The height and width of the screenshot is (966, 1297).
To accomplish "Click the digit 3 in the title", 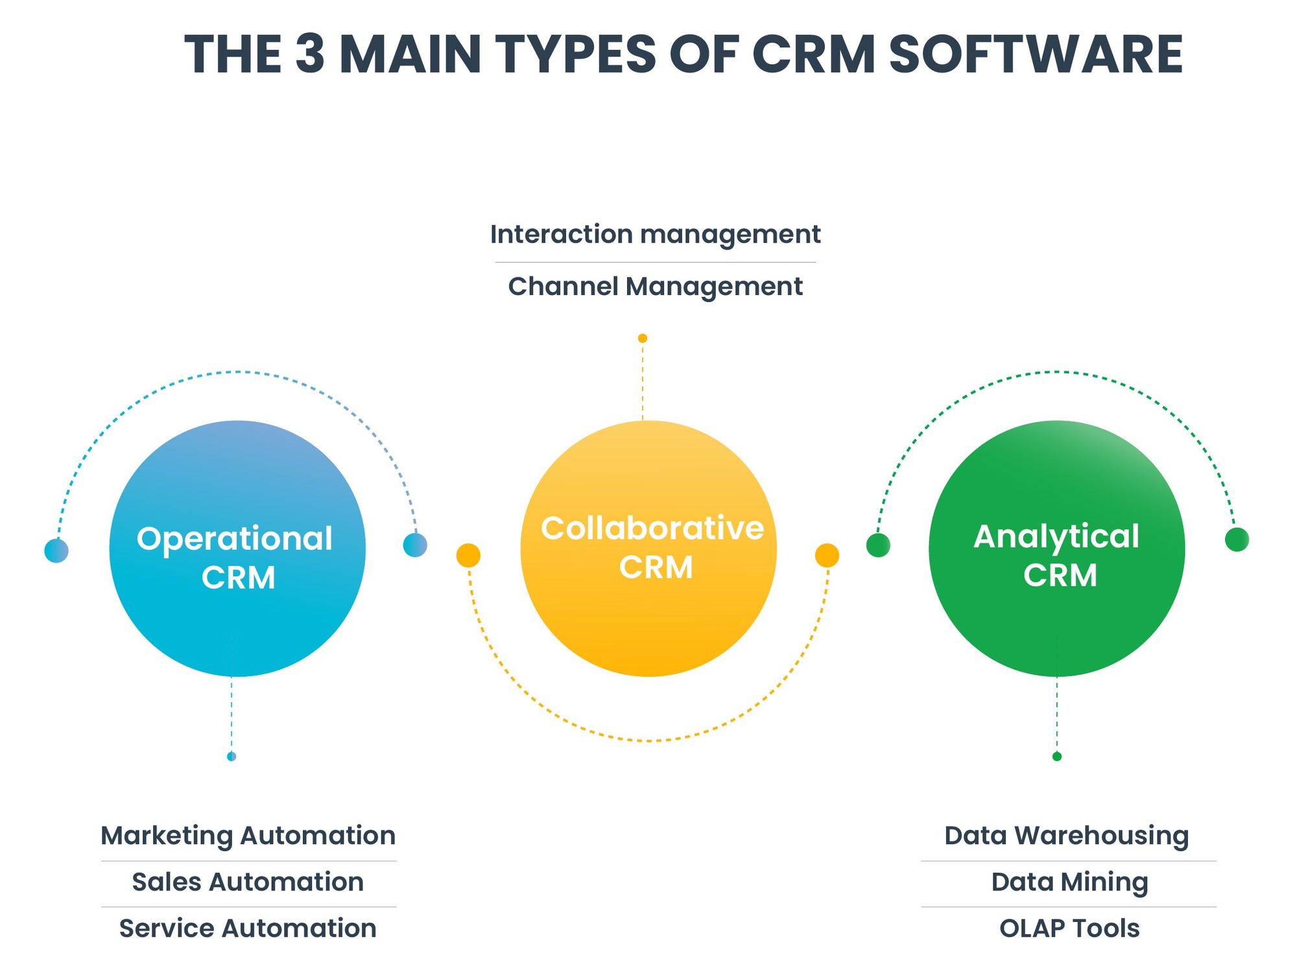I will coord(310,54).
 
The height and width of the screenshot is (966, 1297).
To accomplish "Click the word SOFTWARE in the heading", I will coord(1036,54).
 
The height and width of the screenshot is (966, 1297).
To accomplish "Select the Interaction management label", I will coord(655,234).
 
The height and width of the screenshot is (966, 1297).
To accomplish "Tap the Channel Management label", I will coord(655,287).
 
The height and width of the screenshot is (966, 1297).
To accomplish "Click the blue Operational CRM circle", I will coord(237,548).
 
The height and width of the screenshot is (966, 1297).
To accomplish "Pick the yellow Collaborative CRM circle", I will coord(648,548).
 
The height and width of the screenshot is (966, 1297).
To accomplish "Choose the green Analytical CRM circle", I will coord(1056,548).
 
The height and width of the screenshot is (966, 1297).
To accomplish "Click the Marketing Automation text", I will coord(248,836).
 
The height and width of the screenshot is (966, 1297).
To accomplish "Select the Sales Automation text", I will coord(248,882).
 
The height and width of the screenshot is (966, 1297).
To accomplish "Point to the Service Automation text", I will coord(248,928).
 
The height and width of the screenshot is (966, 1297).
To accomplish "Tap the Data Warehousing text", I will coord(1066,836).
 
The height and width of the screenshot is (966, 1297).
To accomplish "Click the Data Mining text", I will coord(1069,882).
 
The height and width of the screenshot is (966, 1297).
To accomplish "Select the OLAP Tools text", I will coord(1069,928).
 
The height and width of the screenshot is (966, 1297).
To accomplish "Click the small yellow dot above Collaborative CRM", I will coord(642,338).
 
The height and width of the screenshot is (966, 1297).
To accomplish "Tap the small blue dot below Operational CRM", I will coord(232,757).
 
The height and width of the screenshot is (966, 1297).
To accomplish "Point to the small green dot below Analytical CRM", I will coord(1056,757).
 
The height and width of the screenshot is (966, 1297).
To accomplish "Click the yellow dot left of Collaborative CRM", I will coord(468,556).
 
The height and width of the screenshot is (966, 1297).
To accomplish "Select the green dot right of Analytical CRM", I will coord(1237,539).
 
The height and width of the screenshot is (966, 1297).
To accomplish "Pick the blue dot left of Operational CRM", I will coord(56,550).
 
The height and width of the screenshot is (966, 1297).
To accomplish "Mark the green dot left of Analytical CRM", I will coord(878,545).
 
